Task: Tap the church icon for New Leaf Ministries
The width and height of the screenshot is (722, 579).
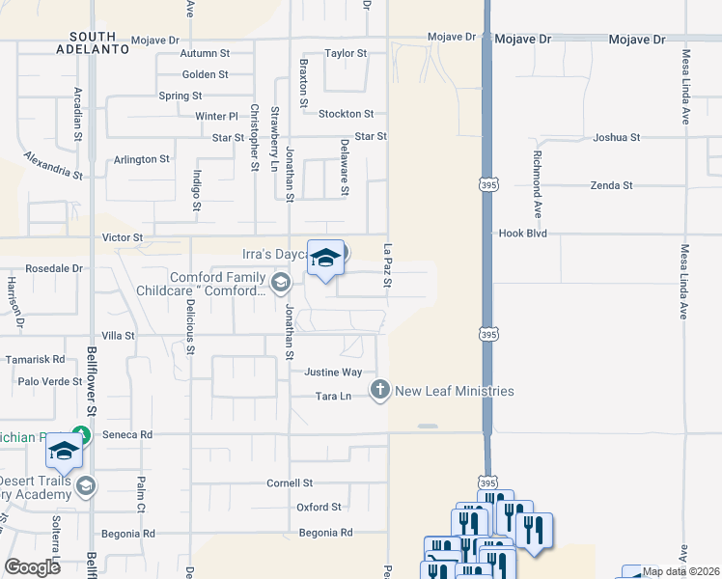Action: tap(380, 390)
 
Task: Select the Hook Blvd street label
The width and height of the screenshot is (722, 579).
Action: tap(523, 234)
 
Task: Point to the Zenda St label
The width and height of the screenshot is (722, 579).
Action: tap(613, 184)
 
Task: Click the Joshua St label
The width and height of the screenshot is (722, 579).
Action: tap(617, 138)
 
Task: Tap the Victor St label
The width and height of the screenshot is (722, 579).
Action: tap(123, 236)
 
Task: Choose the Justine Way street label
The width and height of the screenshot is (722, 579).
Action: tap(333, 372)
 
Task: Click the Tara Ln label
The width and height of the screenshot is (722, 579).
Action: tap(332, 397)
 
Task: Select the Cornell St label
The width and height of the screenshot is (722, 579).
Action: tap(291, 482)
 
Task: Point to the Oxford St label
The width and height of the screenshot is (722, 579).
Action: tap(319, 507)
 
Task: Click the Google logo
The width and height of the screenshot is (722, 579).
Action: tap(32, 566)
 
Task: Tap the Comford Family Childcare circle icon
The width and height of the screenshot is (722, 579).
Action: tap(280, 283)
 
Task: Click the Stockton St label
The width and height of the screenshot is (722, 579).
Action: tap(346, 114)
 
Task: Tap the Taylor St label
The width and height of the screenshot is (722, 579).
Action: tap(346, 54)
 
